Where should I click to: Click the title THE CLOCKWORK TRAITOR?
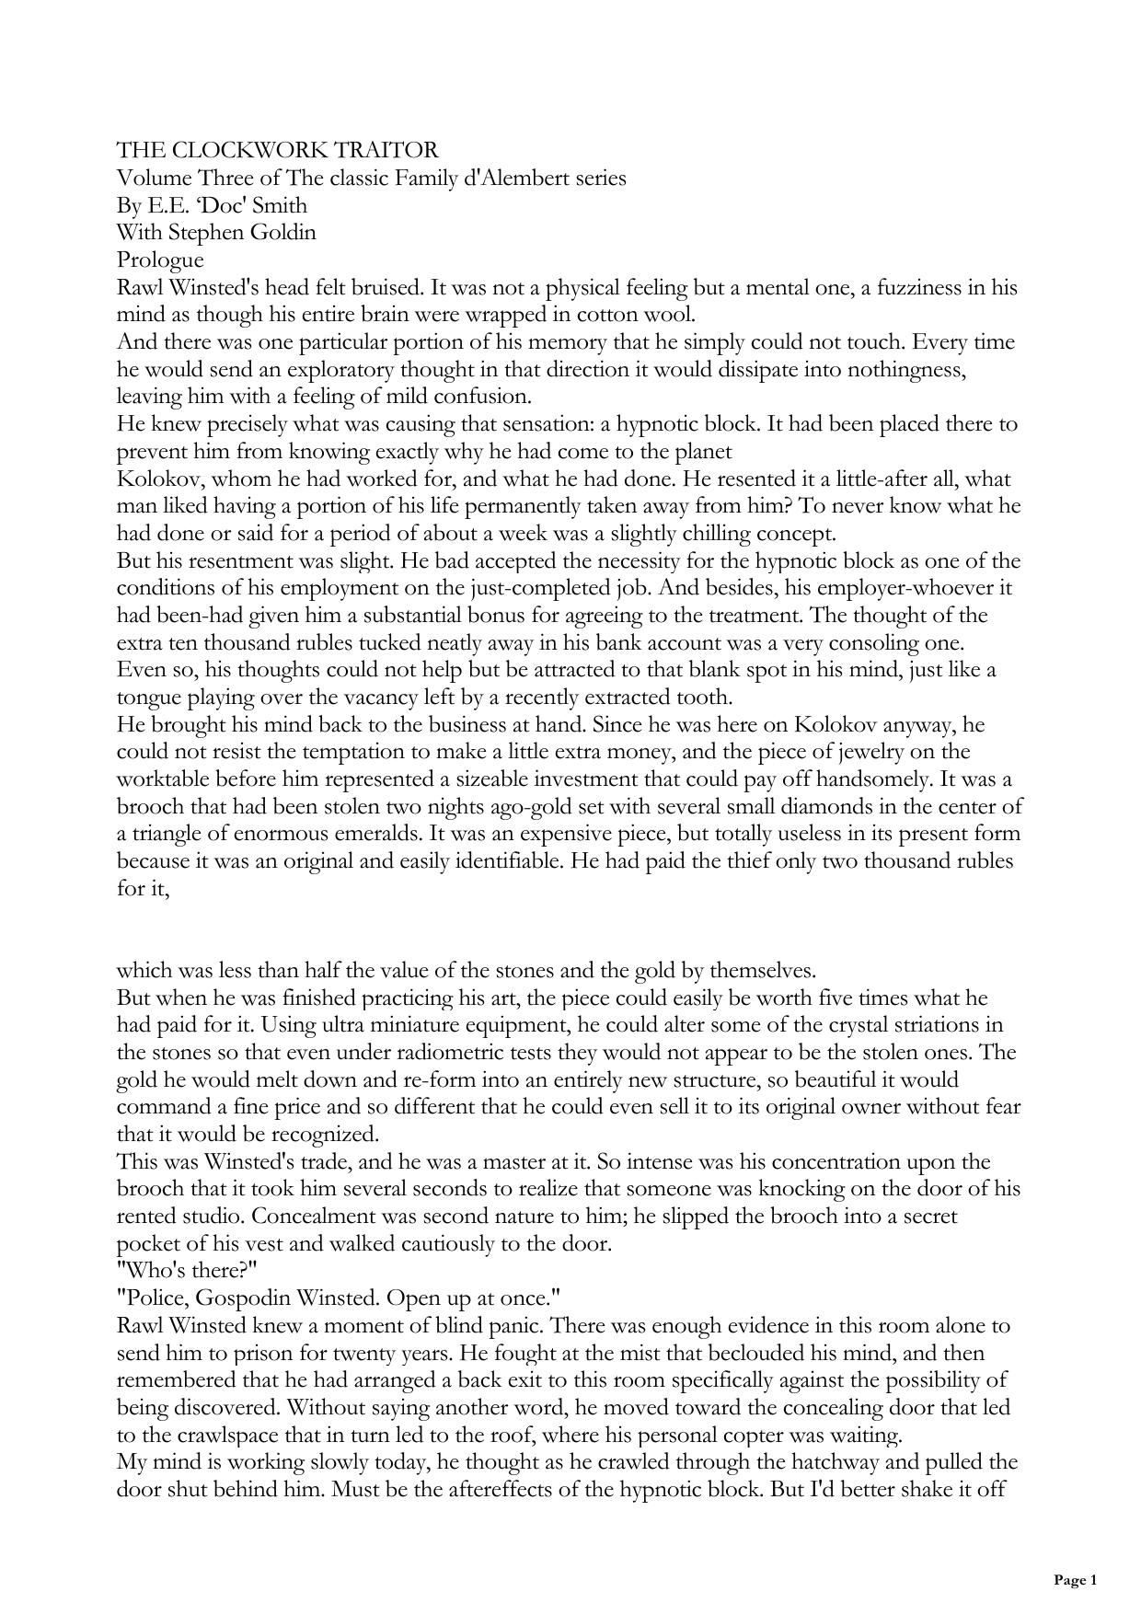pyautogui.click(x=277, y=150)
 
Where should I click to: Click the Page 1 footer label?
pyautogui.click(x=1075, y=1580)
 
